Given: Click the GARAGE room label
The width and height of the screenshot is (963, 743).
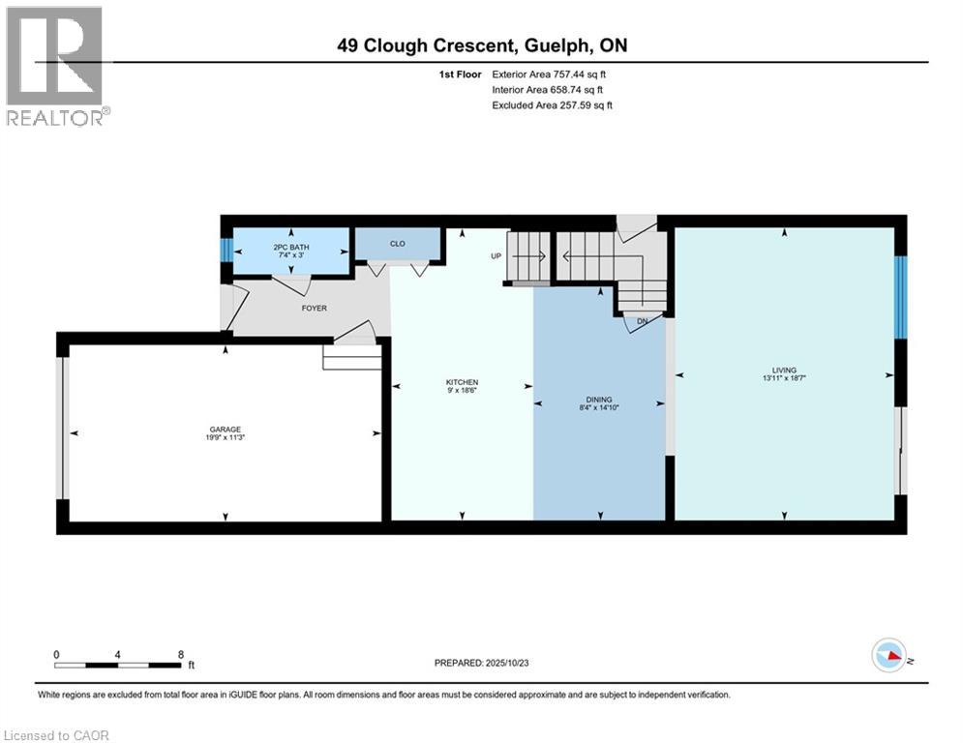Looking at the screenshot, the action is (225, 430).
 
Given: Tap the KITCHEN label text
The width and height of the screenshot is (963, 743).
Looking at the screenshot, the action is (462, 382).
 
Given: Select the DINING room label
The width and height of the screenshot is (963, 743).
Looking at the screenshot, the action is (599, 400).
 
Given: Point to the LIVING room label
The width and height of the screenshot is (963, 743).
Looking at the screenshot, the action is (784, 371).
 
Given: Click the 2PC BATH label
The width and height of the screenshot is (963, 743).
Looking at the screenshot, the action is (291, 247).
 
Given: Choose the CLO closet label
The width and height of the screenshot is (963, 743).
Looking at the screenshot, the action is (398, 243).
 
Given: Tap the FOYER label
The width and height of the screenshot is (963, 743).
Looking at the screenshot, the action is (314, 308).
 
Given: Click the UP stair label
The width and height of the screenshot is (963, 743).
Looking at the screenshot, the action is (497, 256).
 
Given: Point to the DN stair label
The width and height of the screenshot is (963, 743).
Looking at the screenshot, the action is (643, 321).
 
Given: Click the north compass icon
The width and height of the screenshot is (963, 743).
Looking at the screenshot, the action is (888, 655).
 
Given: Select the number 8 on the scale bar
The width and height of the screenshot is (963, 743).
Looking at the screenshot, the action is (181, 655).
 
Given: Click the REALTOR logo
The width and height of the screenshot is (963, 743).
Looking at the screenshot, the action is (56, 67).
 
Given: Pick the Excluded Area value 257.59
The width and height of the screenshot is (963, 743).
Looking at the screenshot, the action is (575, 105).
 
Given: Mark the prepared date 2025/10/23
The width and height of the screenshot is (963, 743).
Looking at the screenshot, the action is (507, 663).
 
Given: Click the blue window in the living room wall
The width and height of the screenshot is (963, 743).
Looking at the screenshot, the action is (900, 297).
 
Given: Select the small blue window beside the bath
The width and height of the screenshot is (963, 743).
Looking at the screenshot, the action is (226, 251).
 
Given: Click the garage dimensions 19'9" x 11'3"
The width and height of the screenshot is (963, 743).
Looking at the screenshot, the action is (225, 437).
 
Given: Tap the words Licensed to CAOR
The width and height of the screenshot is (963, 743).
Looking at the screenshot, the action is (56, 735).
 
